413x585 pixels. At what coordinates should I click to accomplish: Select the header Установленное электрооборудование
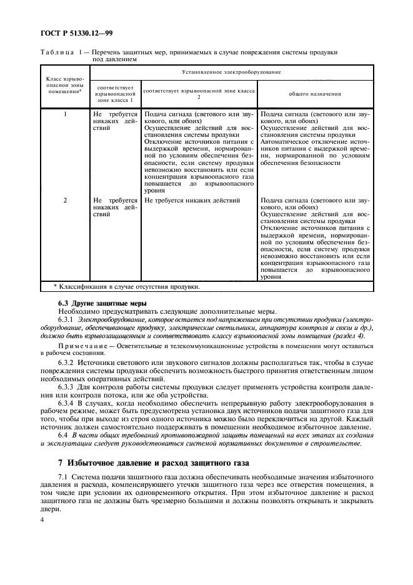(x=231, y=72)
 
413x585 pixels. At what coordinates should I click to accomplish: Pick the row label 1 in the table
(x=66, y=114)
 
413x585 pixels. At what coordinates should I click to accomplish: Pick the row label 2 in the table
(x=66, y=201)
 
